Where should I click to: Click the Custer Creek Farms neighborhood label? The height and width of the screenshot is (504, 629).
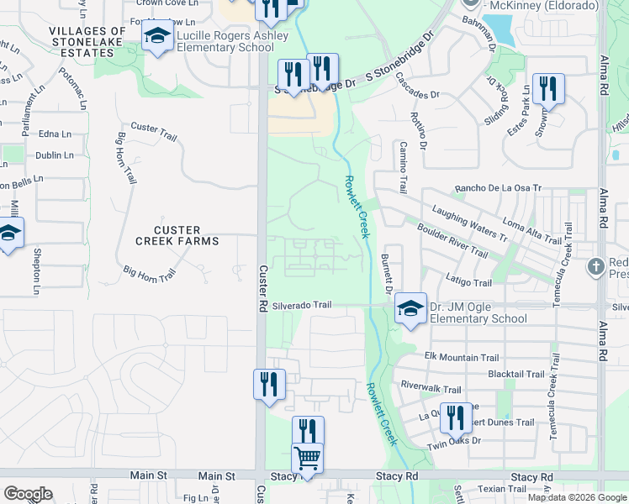[x=177, y=235]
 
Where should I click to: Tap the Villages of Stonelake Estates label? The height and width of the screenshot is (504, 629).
[x=87, y=42]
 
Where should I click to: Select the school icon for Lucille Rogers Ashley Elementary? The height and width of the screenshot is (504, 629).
[x=156, y=38]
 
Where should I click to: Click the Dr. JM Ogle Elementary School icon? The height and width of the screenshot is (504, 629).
[x=410, y=310]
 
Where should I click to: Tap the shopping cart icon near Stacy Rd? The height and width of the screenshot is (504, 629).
[x=307, y=459]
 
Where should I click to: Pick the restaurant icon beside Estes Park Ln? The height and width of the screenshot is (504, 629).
[x=547, y=88]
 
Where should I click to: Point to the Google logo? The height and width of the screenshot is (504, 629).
[x=28, y=494]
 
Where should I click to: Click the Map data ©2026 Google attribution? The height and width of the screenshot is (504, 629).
[x=577, y=497]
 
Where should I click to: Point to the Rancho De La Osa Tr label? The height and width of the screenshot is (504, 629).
[x=497, y=188]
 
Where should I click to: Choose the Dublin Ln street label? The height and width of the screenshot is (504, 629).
[x=54, y=155]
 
